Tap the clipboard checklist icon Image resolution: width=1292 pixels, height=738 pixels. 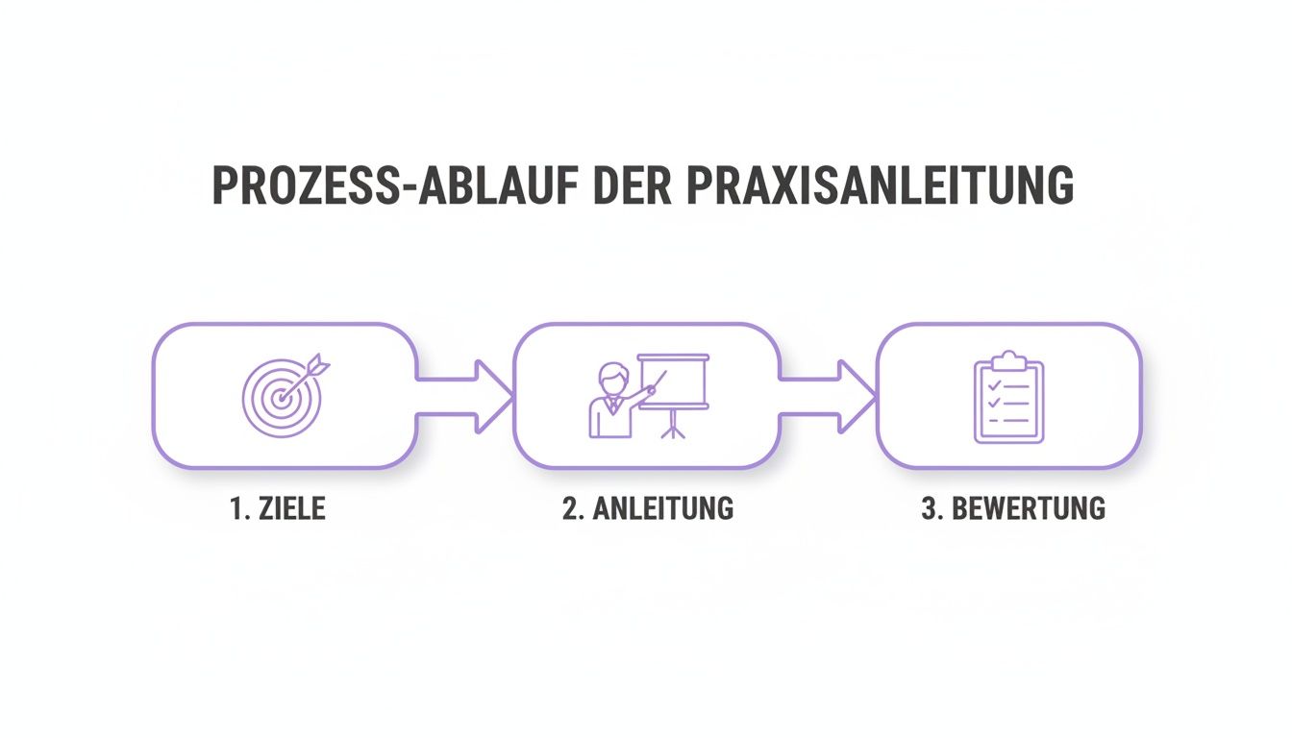click(x=1008, y=397)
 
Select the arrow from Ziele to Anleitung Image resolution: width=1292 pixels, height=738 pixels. click(x=466, y=394)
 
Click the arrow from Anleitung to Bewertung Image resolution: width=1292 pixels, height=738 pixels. click(x=829, y=394)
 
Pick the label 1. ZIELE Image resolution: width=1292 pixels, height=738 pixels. click(x=278, y=508)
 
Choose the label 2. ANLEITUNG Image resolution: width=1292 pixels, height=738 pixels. click(x=648, y=508)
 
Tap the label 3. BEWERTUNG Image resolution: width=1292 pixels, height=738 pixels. click(x=1013, y=508)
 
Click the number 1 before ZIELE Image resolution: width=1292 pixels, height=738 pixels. click(x=236, y=508)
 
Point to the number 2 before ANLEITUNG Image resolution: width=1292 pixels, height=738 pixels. click(x=569, y=508)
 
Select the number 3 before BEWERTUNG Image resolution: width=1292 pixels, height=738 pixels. click(x=929, y=508)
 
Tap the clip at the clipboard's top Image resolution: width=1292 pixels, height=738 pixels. click(x=1008, y=360)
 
